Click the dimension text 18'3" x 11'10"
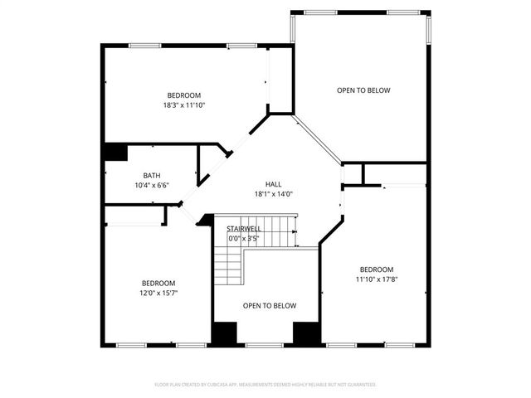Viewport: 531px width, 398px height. [183, 105]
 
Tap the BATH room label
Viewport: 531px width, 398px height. [152, 175]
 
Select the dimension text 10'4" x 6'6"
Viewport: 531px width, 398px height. [152, 185]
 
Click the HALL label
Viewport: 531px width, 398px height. [273, 184]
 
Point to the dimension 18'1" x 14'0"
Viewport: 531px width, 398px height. [273, 194]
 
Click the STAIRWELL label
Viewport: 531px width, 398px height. [244, 229]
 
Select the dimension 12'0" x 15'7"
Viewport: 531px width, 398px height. [158, 293]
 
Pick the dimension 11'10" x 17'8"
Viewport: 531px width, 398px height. [376, 279]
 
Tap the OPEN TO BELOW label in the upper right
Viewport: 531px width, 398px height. [363, 90]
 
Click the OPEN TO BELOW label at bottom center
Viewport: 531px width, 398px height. [269, 306]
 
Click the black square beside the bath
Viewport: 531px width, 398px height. [114, 153]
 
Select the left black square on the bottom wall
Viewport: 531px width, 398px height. [223, 332]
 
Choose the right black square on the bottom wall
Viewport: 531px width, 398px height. [306, 332]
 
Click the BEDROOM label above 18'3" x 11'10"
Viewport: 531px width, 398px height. [183, 95]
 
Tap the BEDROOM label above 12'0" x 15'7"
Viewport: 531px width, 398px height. [158, 283]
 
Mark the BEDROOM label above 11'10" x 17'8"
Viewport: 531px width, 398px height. [376, 269]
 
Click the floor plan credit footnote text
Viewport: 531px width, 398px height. [265, 385]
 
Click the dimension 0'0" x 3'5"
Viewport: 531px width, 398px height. [244, 239]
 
